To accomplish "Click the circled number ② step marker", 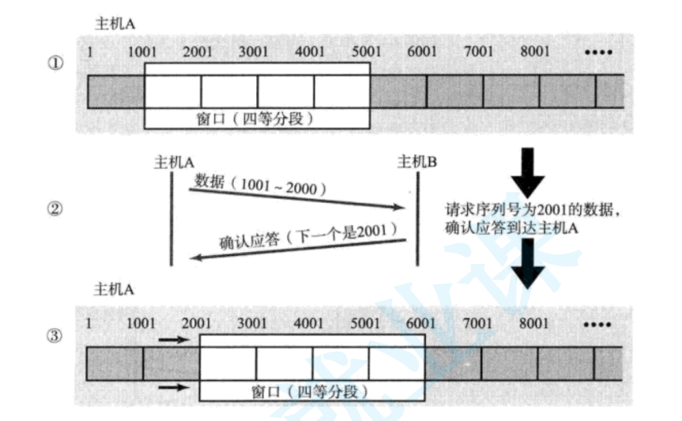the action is pyautogui.click(x=55, y=209).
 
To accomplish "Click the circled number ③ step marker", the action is pyautogui.click(x=55, y=336).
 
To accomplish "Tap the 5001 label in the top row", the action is pyautogui.click(x=364, y=52).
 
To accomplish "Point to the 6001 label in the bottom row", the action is pyautogui.click(x=420, y=323).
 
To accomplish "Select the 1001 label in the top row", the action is pyautogui.click(x=141, y=52).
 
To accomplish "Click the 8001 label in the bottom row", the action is pyautogui.click(x=534, y=323).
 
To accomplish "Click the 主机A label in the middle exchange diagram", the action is pyautogui.click(x=175, y=162).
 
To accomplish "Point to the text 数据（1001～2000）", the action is pyautogui.click(x=260, y=186).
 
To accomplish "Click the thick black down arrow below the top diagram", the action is pyautogui.click(x=527, y=172).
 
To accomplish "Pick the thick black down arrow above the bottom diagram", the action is pyautogui.click(x=527, y=265).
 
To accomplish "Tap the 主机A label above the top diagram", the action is pyautogui.click(x=115, y=24).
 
